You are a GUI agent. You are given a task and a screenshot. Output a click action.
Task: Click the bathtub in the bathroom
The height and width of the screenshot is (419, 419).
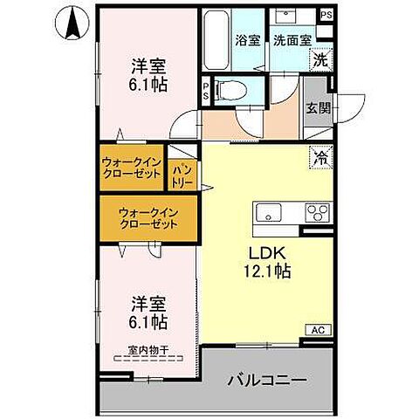tap(214, 44)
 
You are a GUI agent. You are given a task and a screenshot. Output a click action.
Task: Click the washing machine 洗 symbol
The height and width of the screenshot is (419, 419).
tap(321, 61)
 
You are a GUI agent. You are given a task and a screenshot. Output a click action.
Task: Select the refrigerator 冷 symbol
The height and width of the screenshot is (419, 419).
tap(320, 158)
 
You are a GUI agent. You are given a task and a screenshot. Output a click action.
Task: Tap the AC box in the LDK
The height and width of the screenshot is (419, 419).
tap(319, 330)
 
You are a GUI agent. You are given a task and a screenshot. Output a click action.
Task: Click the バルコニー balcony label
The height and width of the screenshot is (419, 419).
tap(267, 381)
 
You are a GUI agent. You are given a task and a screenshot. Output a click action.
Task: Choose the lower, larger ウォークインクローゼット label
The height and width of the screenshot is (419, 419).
tap(148, 217)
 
